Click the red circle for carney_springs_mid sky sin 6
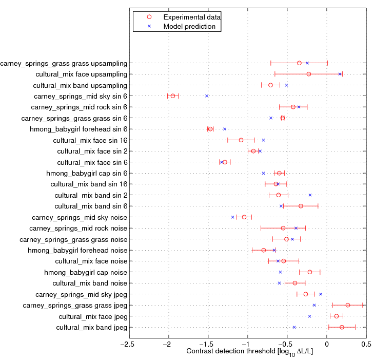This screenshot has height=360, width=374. (x=173, y=96)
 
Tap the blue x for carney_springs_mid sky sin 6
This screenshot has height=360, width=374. (x=207, y=96)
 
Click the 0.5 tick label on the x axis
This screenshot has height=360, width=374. (x=366, y=345)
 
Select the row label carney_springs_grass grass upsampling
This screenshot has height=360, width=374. (x=64, y=63)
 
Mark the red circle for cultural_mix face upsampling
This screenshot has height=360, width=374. (x=309, y=74)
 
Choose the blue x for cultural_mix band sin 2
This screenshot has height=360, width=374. (x=310, y=195)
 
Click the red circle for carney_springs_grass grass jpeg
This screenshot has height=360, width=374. (x=347, y=305)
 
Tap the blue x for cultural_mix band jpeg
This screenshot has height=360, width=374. (x=294, y=327)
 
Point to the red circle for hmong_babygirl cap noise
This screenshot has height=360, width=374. (x=310, y=272)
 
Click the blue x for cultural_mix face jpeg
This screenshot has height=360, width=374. (x=309, y=316)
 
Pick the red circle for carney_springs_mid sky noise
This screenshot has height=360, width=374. (x=244, y=217)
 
